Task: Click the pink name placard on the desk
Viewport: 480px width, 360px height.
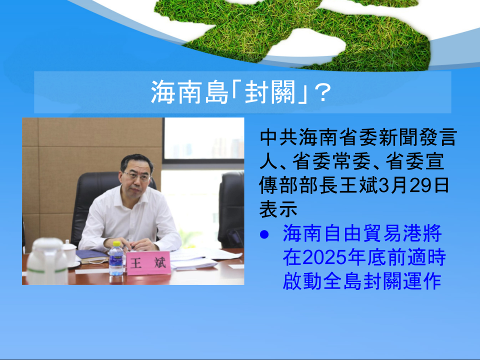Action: (x=148, y=263)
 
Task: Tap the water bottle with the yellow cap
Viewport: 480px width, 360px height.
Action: (x=116, y=259)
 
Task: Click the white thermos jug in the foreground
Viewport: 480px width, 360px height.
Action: (x=47, y=261)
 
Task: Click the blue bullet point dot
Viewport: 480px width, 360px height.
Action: (x=264, y=235)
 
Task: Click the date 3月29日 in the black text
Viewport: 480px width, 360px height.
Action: (x=414, y=185)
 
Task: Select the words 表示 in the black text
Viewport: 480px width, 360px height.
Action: (x=278, y=209)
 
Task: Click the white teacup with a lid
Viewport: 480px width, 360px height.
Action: (x=70, y=252)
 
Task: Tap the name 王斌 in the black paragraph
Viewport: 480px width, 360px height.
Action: (x=358, y=185)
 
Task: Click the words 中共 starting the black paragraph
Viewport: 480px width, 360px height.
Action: (x=278, y=137)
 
